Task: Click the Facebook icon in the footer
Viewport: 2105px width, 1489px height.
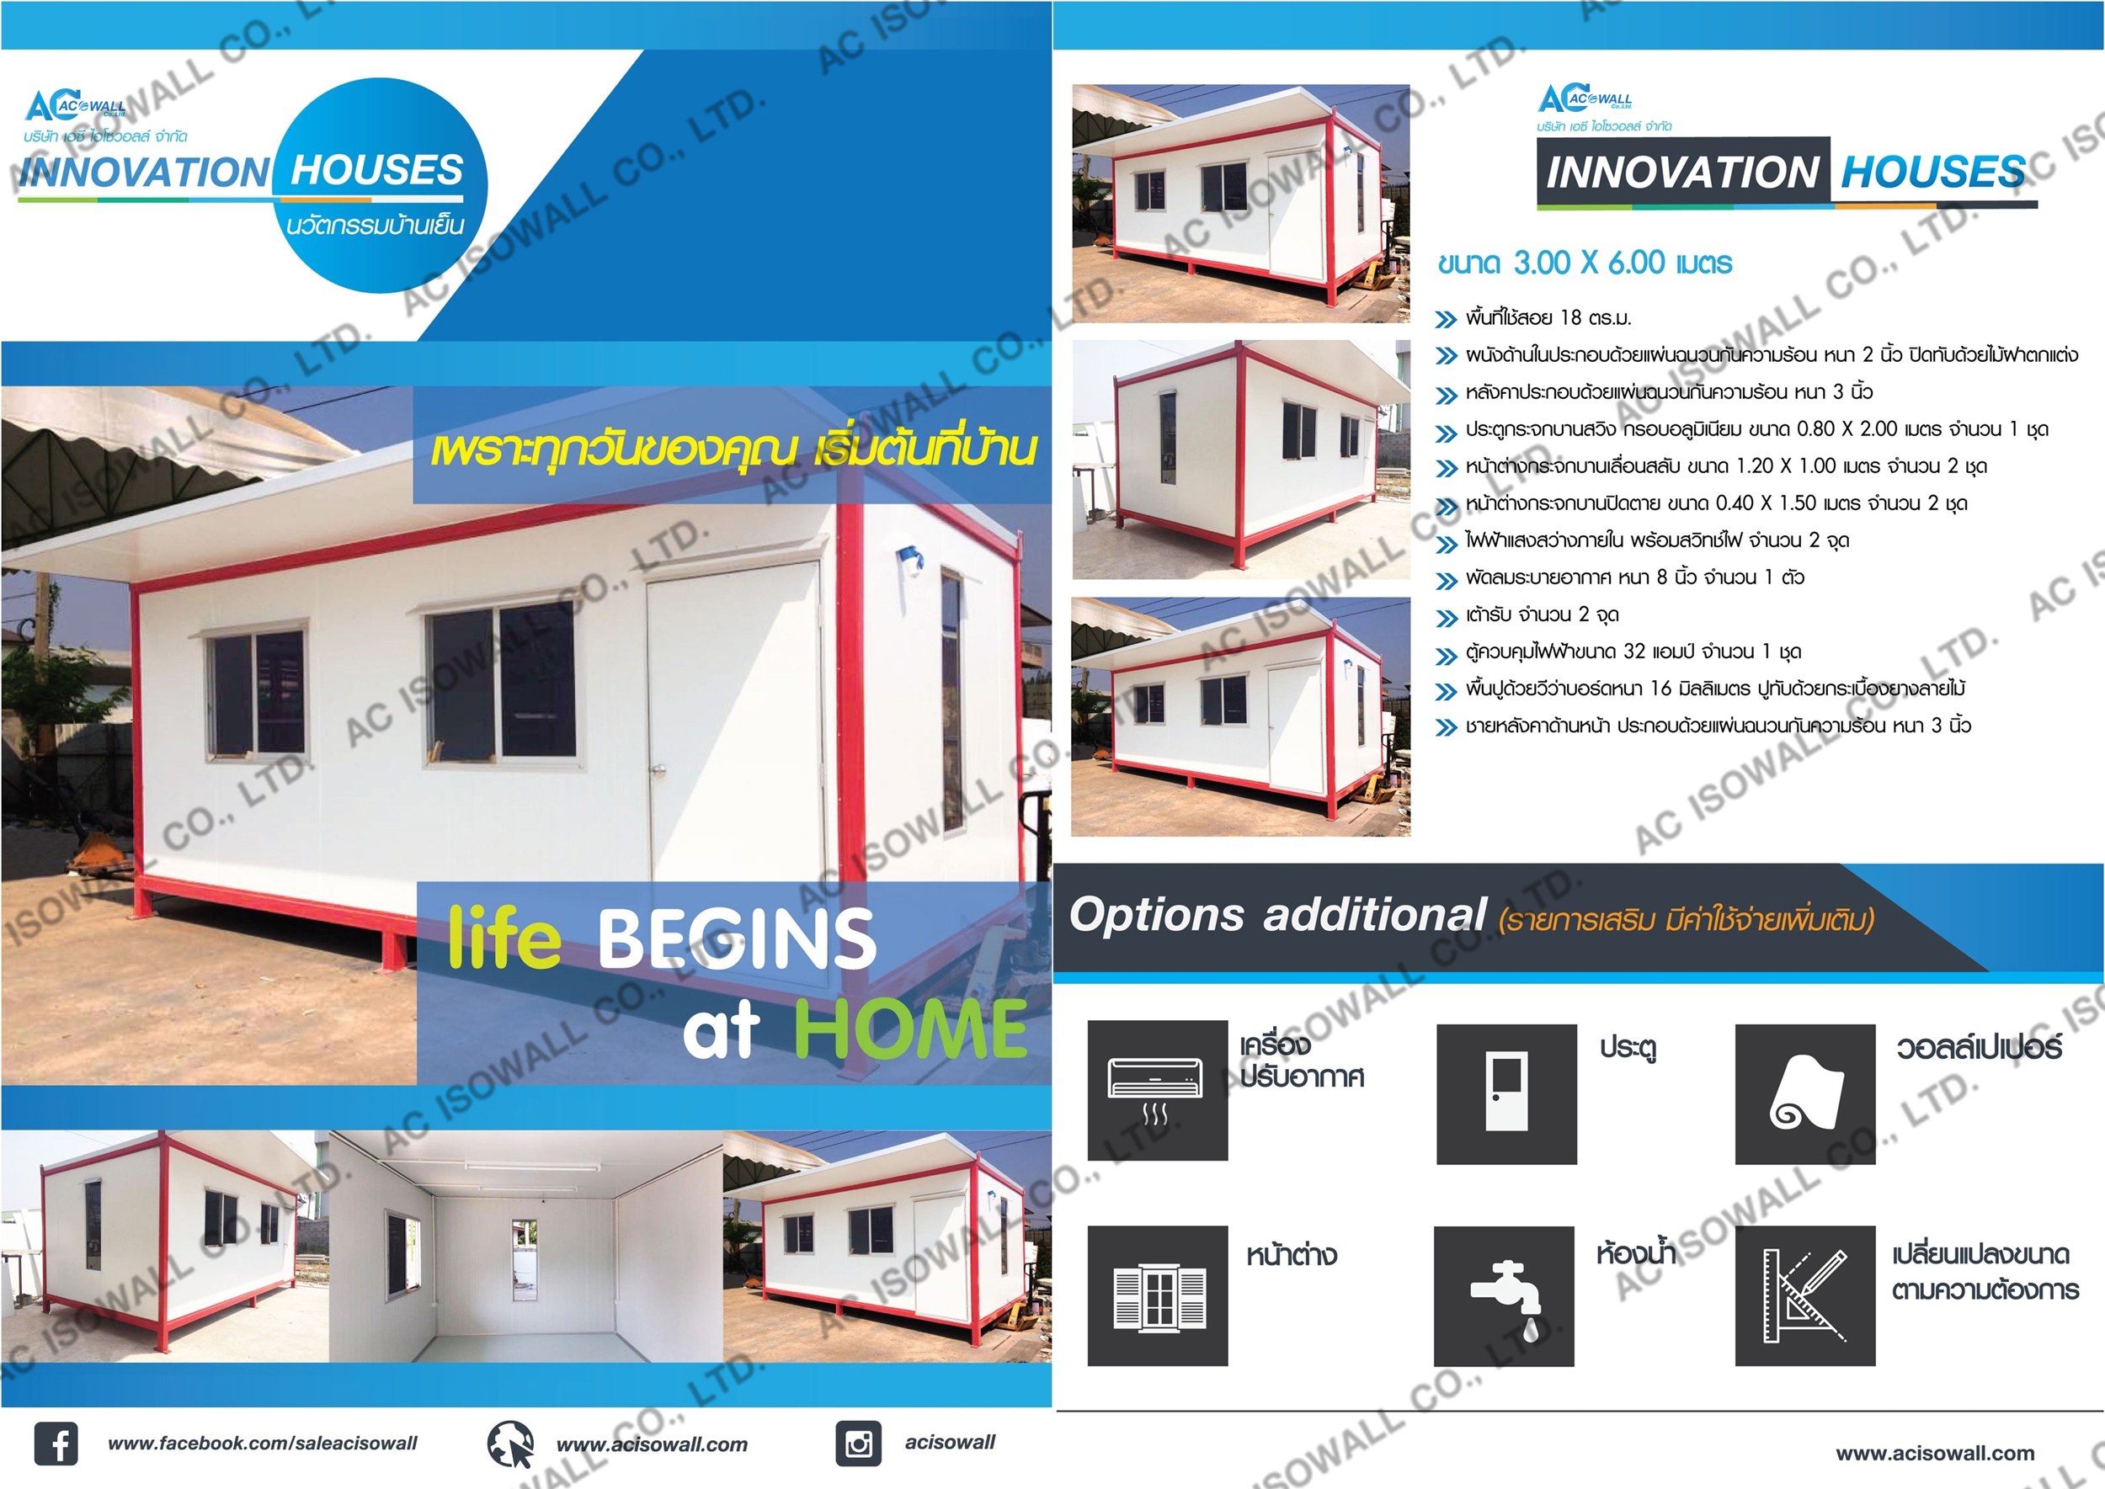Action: (56, 1444)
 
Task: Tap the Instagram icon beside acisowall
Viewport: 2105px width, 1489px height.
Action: (859, 1444)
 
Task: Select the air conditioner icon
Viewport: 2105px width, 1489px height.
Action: (1158, 1090)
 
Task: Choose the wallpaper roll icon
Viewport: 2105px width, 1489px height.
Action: (1805, 1093)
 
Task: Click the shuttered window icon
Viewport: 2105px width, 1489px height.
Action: (1158, 1295)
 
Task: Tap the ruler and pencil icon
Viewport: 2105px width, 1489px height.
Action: (1805, 1295)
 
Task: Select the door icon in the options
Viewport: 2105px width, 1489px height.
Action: (1506, 1093)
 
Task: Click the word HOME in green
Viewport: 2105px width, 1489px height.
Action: (909, 1029)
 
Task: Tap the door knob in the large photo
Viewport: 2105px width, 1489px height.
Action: (658, 770)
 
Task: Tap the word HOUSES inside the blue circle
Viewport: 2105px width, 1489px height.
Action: (377, 171)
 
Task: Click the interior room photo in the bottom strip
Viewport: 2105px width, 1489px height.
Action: (526, 1246)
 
